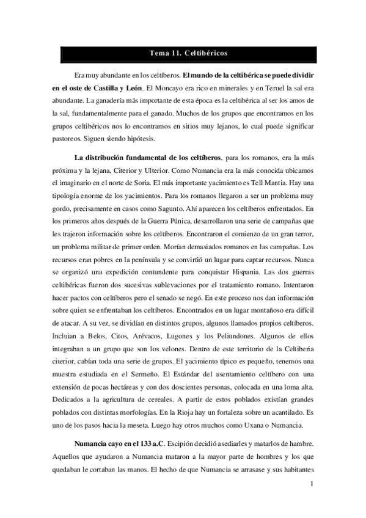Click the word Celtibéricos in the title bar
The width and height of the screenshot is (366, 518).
(x=205, y=54)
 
